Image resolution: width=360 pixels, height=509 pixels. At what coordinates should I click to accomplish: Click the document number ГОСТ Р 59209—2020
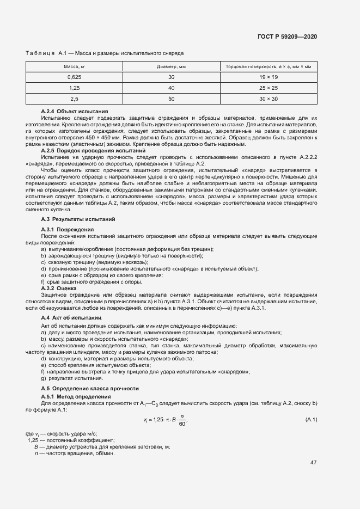(x=287, y=36)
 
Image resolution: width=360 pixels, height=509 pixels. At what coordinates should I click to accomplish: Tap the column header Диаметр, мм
(x=171, y=66)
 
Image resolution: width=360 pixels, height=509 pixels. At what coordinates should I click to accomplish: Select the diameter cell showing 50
(x=171, y=99)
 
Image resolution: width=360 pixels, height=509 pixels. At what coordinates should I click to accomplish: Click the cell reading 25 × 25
(x=268, y=88)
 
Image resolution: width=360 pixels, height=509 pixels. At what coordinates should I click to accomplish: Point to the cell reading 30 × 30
(x=268, y=99)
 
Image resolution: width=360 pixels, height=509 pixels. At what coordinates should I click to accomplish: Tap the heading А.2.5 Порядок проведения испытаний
(x=93, y=150)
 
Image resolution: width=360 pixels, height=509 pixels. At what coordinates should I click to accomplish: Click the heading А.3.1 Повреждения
(x=68, y=229)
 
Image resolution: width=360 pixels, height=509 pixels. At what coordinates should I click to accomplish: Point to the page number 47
(x=313, y=463)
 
